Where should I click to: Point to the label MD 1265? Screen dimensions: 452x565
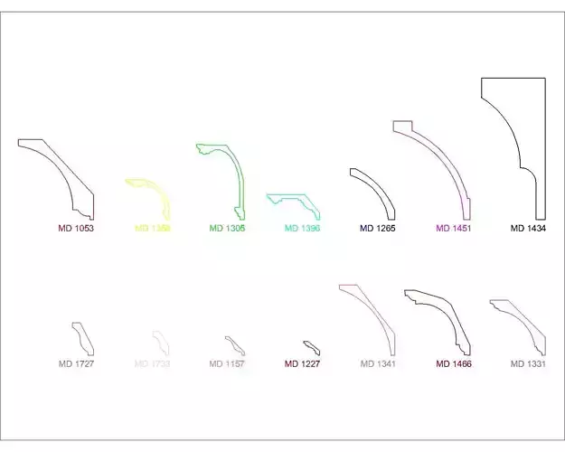[378, 229]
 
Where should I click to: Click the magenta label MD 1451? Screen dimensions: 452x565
[454, 229]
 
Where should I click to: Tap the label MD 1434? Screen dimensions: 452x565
[529, 229]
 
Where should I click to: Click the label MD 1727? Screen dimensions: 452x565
[77, 364]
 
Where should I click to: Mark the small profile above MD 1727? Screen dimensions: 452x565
[83, 338]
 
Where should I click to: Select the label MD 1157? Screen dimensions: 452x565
[227, 364]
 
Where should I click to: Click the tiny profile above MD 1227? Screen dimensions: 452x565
[312, 347]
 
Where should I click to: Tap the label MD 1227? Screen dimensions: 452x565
[303, 364]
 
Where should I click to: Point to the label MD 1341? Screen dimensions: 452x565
[378, 364]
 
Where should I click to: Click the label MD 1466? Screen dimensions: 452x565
[454, 364]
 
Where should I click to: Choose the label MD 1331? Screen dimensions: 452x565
[529, 364]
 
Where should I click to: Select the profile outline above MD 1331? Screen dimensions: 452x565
[522, 323]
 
